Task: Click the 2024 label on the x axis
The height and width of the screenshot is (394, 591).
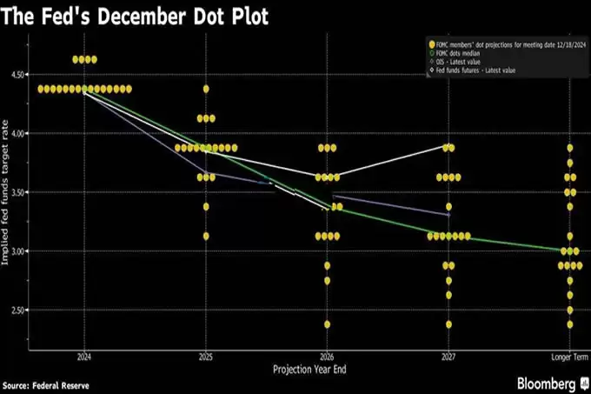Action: pyautogui.click(x=84, y=357)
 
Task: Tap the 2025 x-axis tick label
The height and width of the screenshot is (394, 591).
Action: pyautogui.click(x=206, y=357)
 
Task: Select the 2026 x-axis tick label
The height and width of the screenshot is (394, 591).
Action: pyautogui.click(x=327, y=357)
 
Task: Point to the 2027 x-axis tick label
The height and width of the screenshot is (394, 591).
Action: pyautogui.click(x=448, y=357)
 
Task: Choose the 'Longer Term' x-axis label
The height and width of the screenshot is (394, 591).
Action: pyautogui.click(x=569, y=357)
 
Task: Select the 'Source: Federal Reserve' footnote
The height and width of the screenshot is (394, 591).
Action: pyautogui.click(x=45, y=384)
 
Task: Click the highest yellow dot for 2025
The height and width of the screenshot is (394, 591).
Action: pyautogui.click(x=206, y=89)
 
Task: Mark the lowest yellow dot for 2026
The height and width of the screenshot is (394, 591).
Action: pyautogui.click(x=327, y=324)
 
